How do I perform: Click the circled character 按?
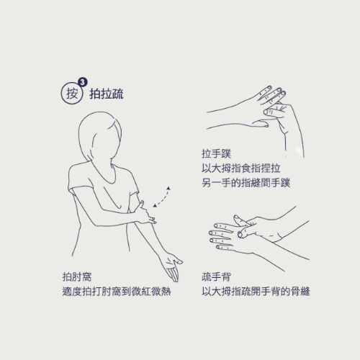click(x=72, y=93)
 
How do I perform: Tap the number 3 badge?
click(x=83, y=82)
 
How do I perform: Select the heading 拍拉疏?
click(x=107, y=94)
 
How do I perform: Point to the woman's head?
click(x=100, y=137)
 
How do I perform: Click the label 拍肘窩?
click(x=77, y=276)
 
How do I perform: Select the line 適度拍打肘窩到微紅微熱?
click(x=117, y=292)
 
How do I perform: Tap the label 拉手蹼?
click(x=216, y=153)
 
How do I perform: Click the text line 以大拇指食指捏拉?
click(x=241, y=168)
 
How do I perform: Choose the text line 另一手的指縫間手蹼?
click(x=246, y=183)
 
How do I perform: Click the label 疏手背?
click(x=216, y=276)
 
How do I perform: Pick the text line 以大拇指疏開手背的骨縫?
click(x=256, y=292)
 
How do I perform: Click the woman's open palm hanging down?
click(x=172, y=267)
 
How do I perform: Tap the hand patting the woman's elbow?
click(x=145, y=215)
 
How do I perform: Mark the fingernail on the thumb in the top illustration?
click(x=266, y=112)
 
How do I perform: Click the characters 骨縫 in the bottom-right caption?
click(x=300, y=292)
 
